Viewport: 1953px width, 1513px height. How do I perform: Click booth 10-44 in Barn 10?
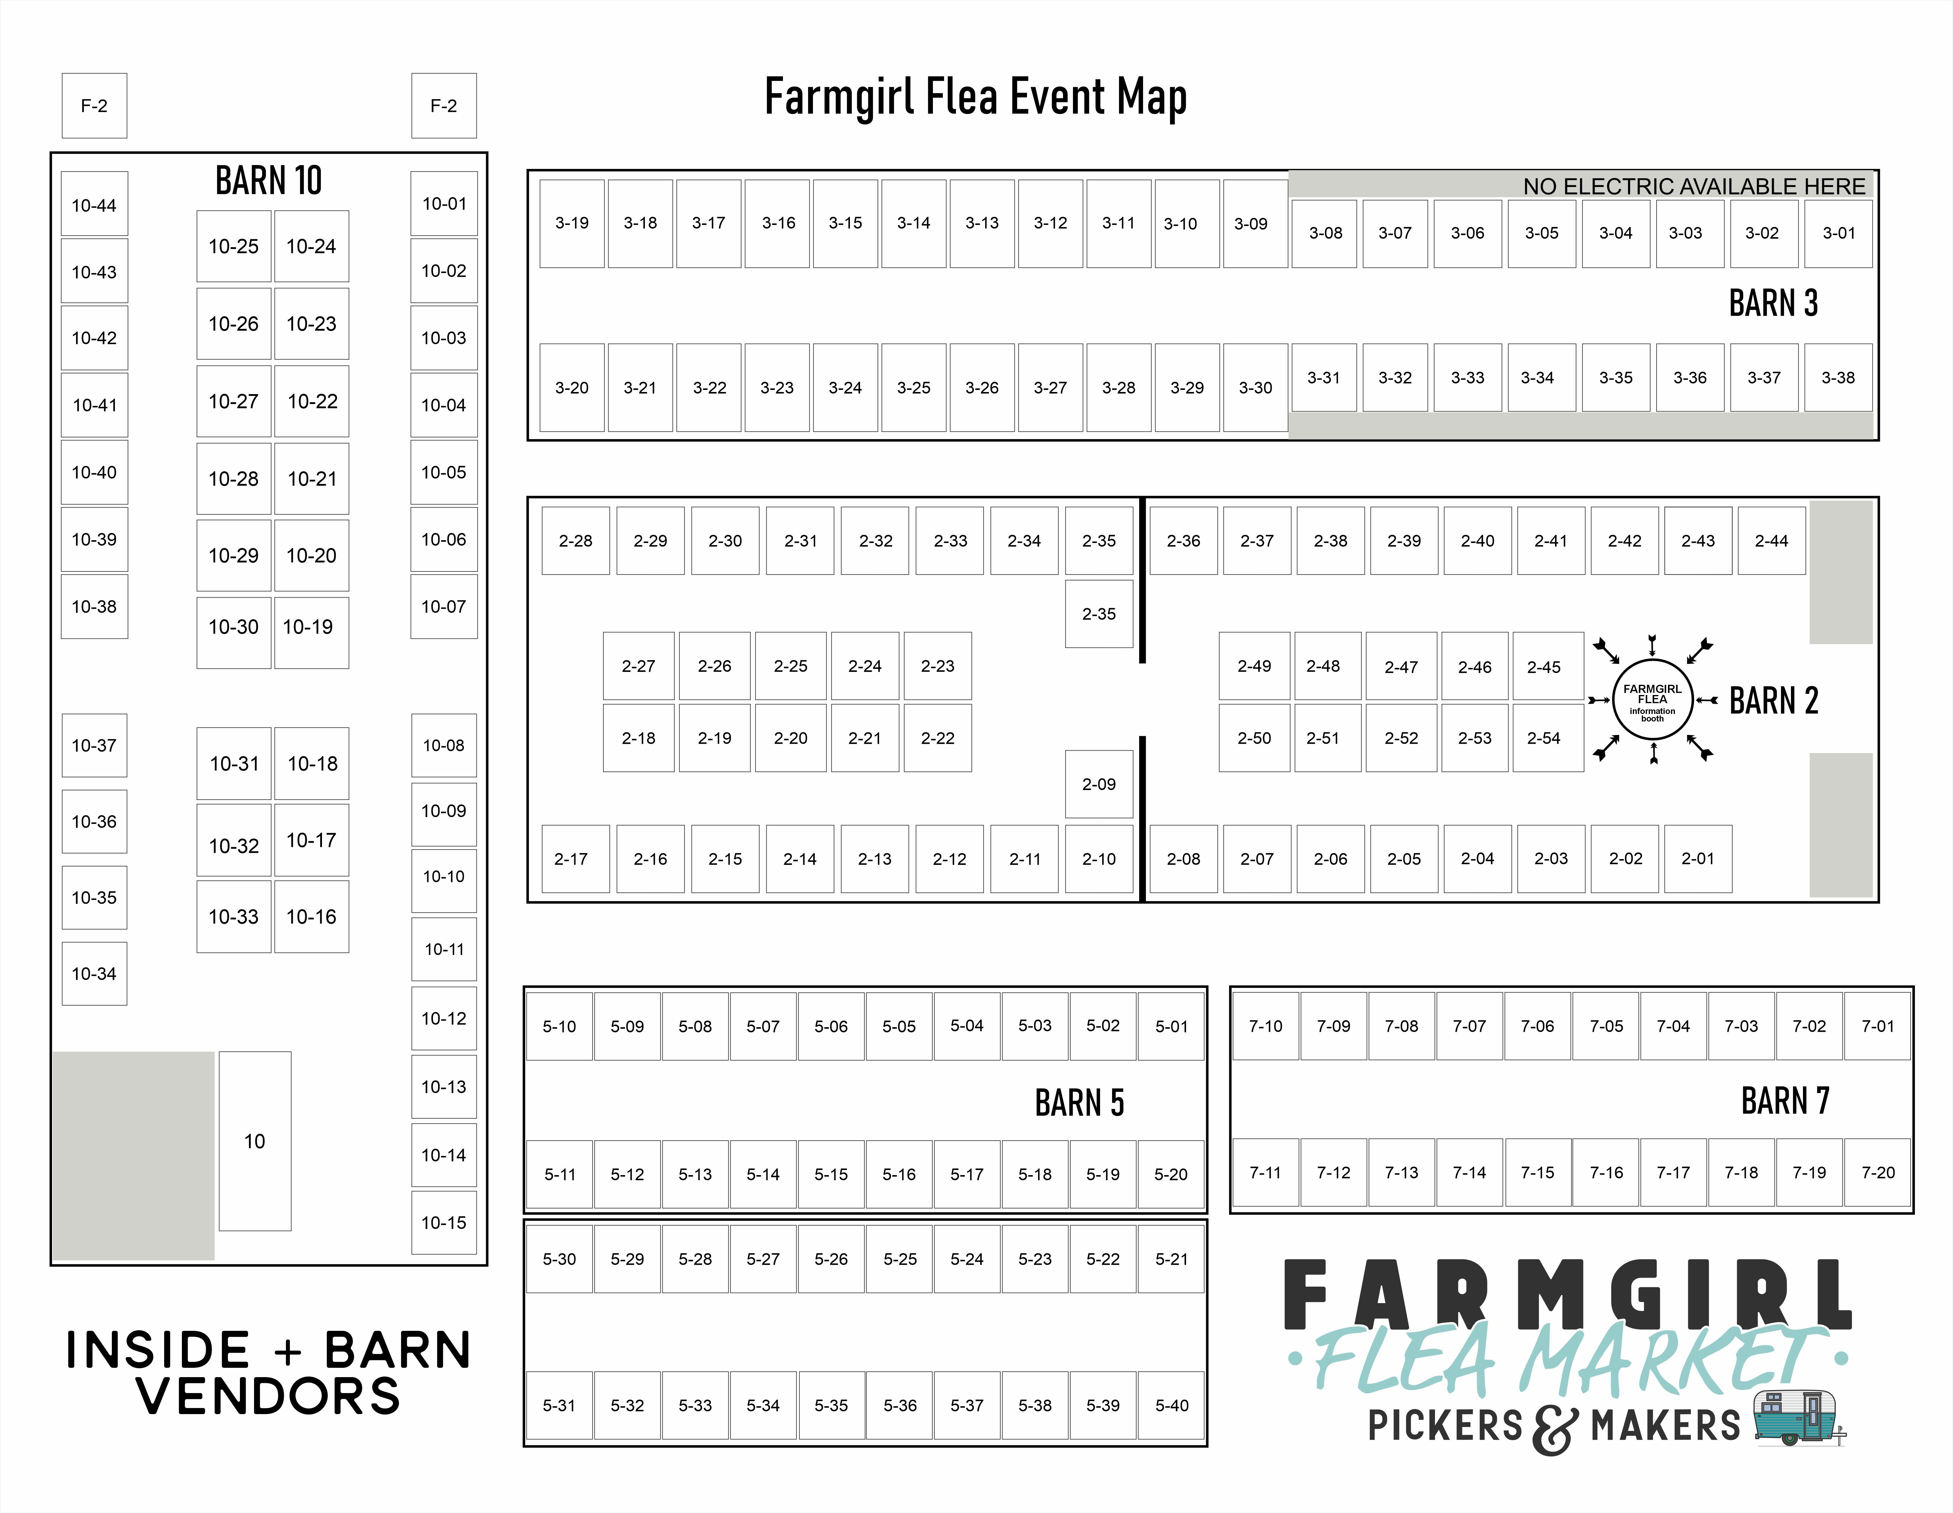(x=94, y=205)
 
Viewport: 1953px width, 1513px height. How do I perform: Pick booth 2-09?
(x=1099, y=784)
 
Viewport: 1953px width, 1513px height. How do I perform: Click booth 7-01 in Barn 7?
(x=1878, y=1026)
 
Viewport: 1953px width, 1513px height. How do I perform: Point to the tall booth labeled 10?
(x=255, y=1141)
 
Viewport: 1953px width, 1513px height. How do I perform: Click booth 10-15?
(x=443, y=1222)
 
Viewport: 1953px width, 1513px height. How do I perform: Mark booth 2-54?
(x=1544, y=738)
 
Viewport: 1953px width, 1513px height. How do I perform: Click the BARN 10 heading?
(x=268, y=181)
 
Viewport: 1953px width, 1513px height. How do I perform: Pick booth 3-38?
(x=1838, y=377)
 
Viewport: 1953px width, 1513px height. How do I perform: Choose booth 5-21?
(x=1171, y=1259)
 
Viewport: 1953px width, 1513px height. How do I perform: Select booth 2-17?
(x=572, y=859)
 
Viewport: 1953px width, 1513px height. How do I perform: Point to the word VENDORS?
(x=268, y=1397)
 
